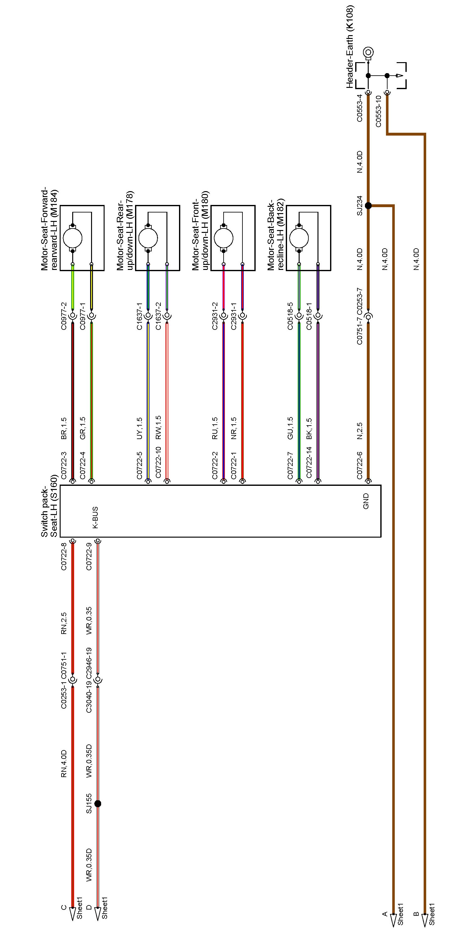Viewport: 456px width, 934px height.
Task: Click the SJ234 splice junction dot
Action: point(368,206)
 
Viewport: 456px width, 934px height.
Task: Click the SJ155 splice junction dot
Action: point(98,804)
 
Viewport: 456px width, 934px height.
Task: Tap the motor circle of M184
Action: point(73,238)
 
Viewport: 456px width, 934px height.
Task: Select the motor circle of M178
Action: point(148,238)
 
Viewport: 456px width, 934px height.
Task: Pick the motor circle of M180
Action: point(224,238)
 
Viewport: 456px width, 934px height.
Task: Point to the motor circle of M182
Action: point(299,238)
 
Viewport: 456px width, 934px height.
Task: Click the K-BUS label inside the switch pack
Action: point(95,518)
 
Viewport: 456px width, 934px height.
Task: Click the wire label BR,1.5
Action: point(64,429)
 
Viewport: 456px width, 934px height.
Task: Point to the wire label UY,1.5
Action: point(139,429)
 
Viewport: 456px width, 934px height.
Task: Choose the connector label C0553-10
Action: point(378,111)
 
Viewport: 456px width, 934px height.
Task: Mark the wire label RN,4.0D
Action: point(64,764)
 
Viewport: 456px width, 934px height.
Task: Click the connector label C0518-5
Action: point(290,316)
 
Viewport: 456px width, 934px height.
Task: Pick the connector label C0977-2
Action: point(64,316)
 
